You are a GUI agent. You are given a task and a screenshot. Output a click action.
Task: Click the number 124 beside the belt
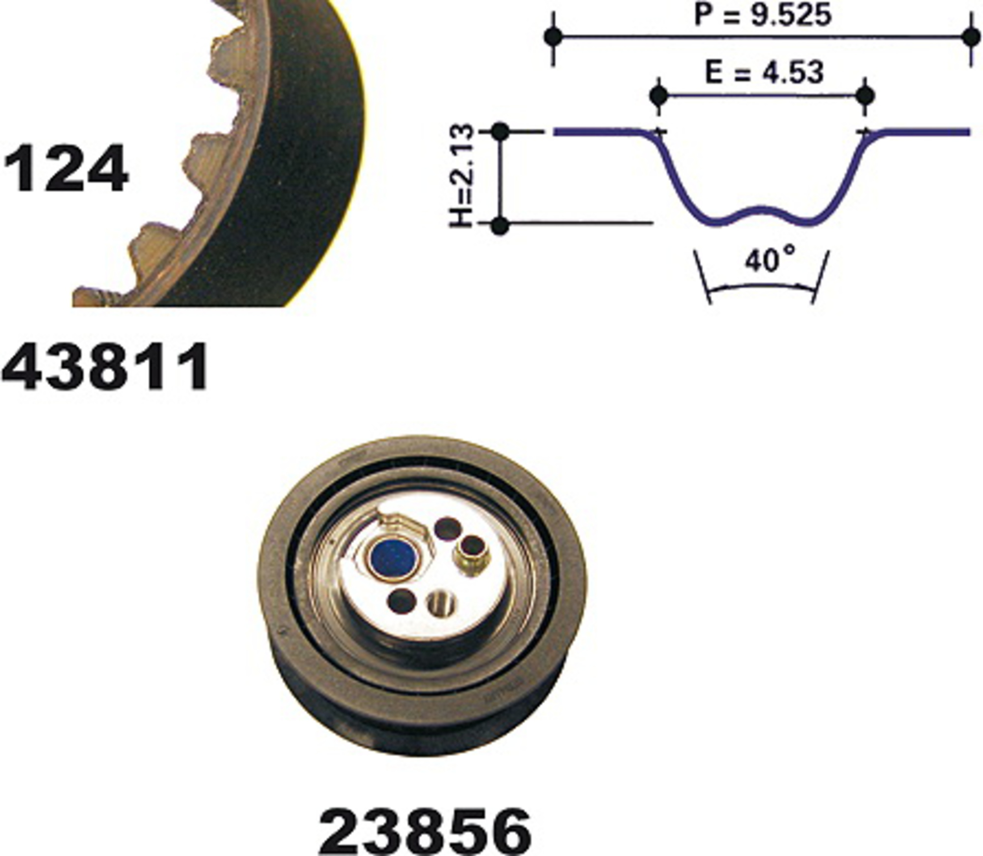tap(65, 168)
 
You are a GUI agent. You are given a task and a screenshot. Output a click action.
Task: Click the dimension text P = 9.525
tap(762, 15)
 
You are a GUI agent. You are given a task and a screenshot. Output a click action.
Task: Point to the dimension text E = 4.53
tap(764, 72)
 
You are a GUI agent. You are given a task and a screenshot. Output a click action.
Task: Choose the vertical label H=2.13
tap(462, 177)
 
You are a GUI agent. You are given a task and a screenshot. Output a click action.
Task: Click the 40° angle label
tap(769, 261)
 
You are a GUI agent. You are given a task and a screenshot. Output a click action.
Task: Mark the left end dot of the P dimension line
tap(554, 36)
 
